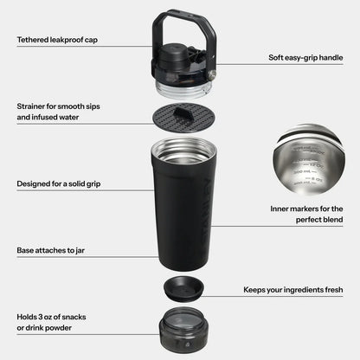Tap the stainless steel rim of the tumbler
click(x=183, y=147)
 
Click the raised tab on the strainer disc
click(x=183, y=112)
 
